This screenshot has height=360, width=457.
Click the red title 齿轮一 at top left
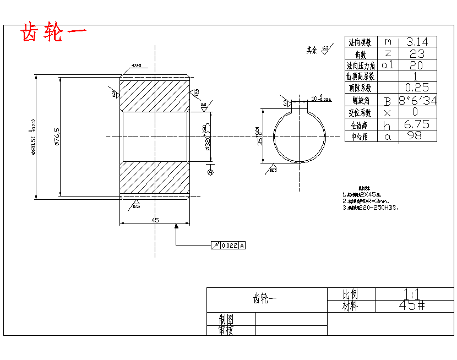coord(53,32)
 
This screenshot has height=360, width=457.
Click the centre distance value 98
coord(417,136)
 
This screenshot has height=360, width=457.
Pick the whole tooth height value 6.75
coord(417,124)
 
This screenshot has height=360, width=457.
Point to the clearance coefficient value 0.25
coord(417,88)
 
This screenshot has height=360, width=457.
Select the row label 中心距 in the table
coord(361,137)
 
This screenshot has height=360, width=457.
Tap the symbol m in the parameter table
coord(388,42)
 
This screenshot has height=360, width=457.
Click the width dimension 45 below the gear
coord(155,220)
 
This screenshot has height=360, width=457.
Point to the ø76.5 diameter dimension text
coord(56,137)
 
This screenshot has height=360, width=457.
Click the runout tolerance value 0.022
coord(229,246)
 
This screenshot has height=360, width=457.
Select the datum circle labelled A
coord(210,172)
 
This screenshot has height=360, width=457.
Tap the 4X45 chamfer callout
coord(137,66)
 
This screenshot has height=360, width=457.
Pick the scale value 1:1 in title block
coord(410,293)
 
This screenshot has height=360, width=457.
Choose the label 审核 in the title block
coord(226,330)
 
